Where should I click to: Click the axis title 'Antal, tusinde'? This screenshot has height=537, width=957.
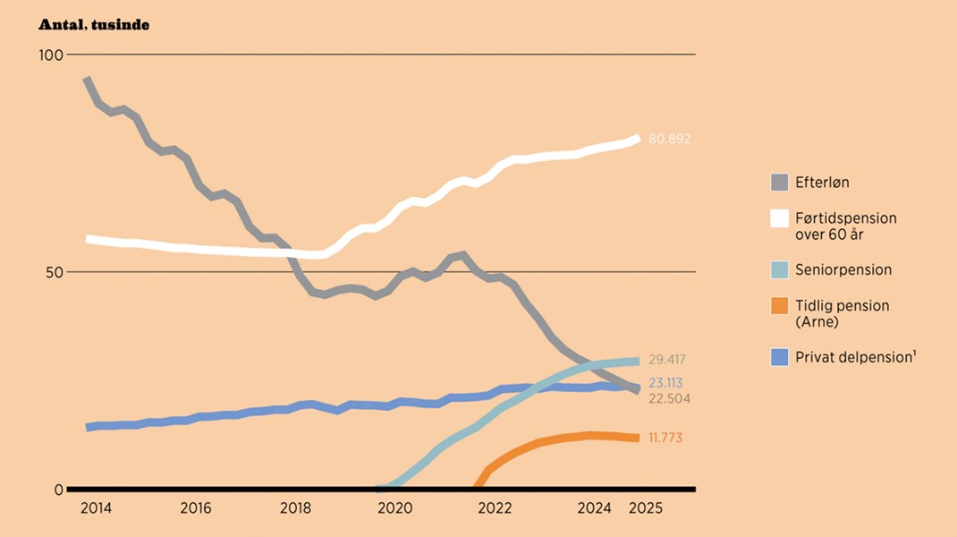click(x=93, y=25)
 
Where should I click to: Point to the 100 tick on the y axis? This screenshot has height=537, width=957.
click(x=51, y=55)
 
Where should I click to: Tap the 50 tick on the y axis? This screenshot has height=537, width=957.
click(x=55, y=272)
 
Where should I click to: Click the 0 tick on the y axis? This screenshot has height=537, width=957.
click(x=58, y=490)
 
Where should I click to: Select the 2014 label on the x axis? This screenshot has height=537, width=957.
click(x=96, y=508)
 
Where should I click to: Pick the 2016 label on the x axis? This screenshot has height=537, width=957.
click(x=196, y=508)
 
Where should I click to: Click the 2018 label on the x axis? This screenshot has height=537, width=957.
click(x=296, y=508)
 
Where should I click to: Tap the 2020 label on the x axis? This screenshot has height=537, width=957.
click(x=395, y=508)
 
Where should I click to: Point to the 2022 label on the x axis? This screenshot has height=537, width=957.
click(x=495, y=508)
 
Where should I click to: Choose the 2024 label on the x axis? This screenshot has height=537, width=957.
click(x=595, y=508)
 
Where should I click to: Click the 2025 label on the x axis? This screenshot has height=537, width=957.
click(x=645, y=508)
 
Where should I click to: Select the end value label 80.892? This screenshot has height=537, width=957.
click(x=669, y=140)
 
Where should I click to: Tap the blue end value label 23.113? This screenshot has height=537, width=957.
click(x=665, y=382)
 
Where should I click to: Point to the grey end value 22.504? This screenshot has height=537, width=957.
click(x=669, y=398)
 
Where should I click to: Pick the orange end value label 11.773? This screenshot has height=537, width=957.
click(x=665, y=438)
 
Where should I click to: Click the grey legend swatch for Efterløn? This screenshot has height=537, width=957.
click(x=780, y=183)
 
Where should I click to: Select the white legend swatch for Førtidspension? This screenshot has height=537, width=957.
click(x=780, y=218)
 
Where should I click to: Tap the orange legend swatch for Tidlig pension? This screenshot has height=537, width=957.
click(x=780, y=305)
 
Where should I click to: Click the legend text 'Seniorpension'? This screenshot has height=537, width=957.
click(x=843, y=269)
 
